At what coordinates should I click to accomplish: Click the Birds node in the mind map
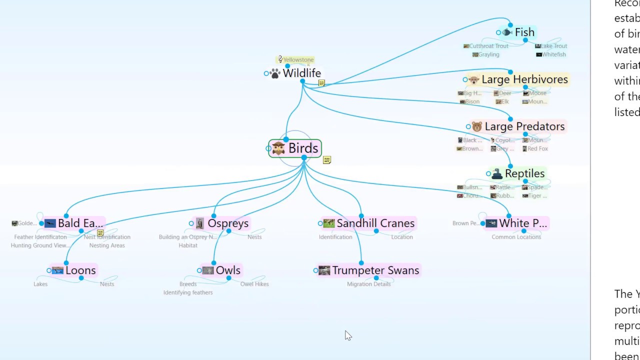click(x=302, y=148)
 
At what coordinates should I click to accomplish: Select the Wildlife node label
click(x=301, y=73)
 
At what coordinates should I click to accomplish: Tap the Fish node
click(x=524, y=32)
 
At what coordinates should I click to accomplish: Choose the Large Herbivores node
click(x=524, y=79)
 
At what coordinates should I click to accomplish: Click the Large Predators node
click(x=524, y=126)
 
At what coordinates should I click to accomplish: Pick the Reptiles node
click(x=524, y=173)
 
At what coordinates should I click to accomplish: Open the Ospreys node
click(x=227, y=223)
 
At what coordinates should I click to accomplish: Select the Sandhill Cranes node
click(x=375, y=223)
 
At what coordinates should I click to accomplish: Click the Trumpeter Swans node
click(x=375, y=270)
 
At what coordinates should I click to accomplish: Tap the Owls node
click(x=227, y=270)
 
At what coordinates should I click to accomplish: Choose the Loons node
click(x=80, y=270)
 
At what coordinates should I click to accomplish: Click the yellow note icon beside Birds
click(x=327, y=160)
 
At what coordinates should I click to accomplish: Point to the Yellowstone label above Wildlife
click(x=298, y=60)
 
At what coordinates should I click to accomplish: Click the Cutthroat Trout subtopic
click(x=488, y=46)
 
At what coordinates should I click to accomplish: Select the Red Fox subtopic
click(x=537, y=148)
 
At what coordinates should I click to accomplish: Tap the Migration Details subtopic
click(x=369, y=284)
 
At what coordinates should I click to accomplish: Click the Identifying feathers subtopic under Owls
click(x=188, y=292)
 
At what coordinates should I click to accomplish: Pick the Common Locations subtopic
click(x=516, y=237)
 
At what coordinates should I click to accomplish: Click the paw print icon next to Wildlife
click(x=275, y=74)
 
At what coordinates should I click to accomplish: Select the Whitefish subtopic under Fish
click(x=553, y=54)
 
